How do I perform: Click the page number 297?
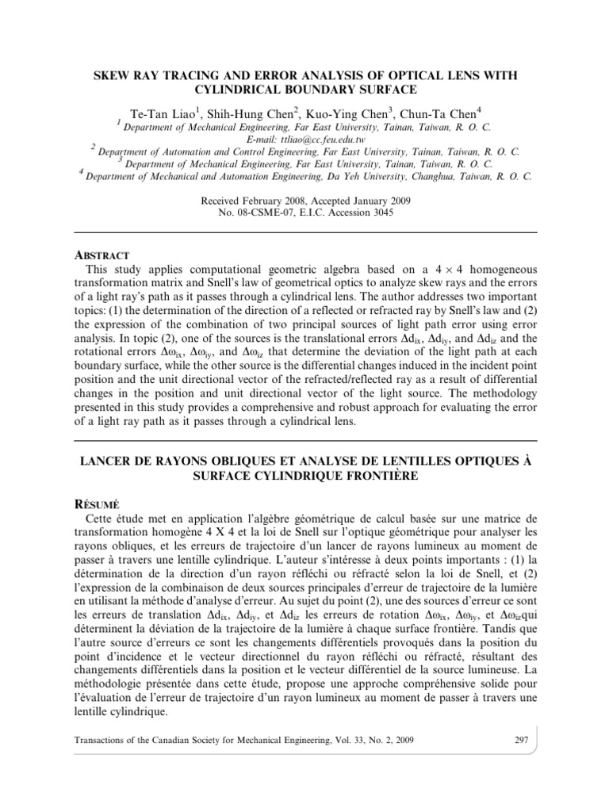click(521, 739)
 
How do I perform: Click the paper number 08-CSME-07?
click(274, 212)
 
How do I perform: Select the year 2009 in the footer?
click(401, 740)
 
